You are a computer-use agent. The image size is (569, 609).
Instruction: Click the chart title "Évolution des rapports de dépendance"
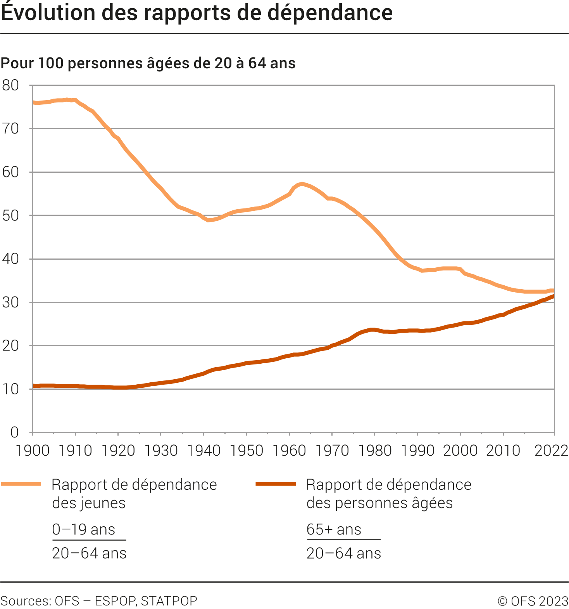[x=197, y=12]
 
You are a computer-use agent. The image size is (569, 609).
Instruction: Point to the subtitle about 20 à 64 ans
[x=148, y=63]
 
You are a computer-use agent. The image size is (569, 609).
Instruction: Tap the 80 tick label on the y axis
[x=10, y=85]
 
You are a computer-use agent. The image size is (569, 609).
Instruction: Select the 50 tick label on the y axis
[x=10, y=216]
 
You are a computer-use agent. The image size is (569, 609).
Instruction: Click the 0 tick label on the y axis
[x=14, y=432]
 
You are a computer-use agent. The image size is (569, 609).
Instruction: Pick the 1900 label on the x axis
[x=33, y=451]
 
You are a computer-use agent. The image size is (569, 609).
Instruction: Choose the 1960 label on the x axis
[x=289, y=451]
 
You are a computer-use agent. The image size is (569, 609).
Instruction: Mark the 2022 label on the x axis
[x=551, y=451]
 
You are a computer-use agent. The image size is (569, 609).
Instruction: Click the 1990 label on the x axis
[x=417, y=451]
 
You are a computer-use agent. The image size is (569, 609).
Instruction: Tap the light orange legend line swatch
[x=21, y=484]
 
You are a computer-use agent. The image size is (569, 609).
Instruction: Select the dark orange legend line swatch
[x=276, y=484]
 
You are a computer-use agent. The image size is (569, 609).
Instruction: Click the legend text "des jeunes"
[x=89, y=503]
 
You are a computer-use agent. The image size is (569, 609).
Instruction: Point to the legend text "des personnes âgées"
[x=379, y=503]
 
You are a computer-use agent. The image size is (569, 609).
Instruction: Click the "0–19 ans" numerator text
[x=84, y=529]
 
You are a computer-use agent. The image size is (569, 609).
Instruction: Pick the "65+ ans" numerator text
[x=334, y=529]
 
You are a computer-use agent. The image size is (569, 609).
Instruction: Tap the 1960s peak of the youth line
[x=302, y=184]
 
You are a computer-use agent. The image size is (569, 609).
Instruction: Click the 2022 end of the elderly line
[x=553, y=297]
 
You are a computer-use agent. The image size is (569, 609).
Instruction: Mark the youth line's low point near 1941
[x=209, y=220]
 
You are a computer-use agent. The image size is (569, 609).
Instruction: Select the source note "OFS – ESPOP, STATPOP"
[x=126, y=601]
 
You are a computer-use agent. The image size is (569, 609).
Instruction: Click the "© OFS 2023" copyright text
[x=533, y=601]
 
